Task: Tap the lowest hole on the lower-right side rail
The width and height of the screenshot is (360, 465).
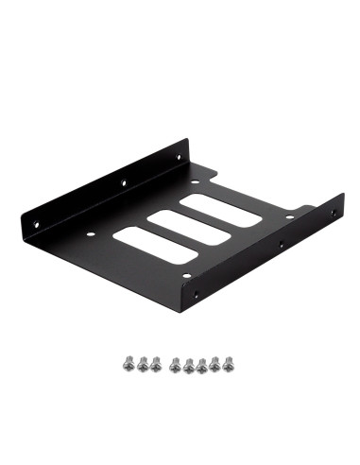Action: pyautogui.click(x=196, y=295)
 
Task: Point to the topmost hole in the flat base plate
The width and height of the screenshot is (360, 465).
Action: pyautogui.click(x=192, y=182)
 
